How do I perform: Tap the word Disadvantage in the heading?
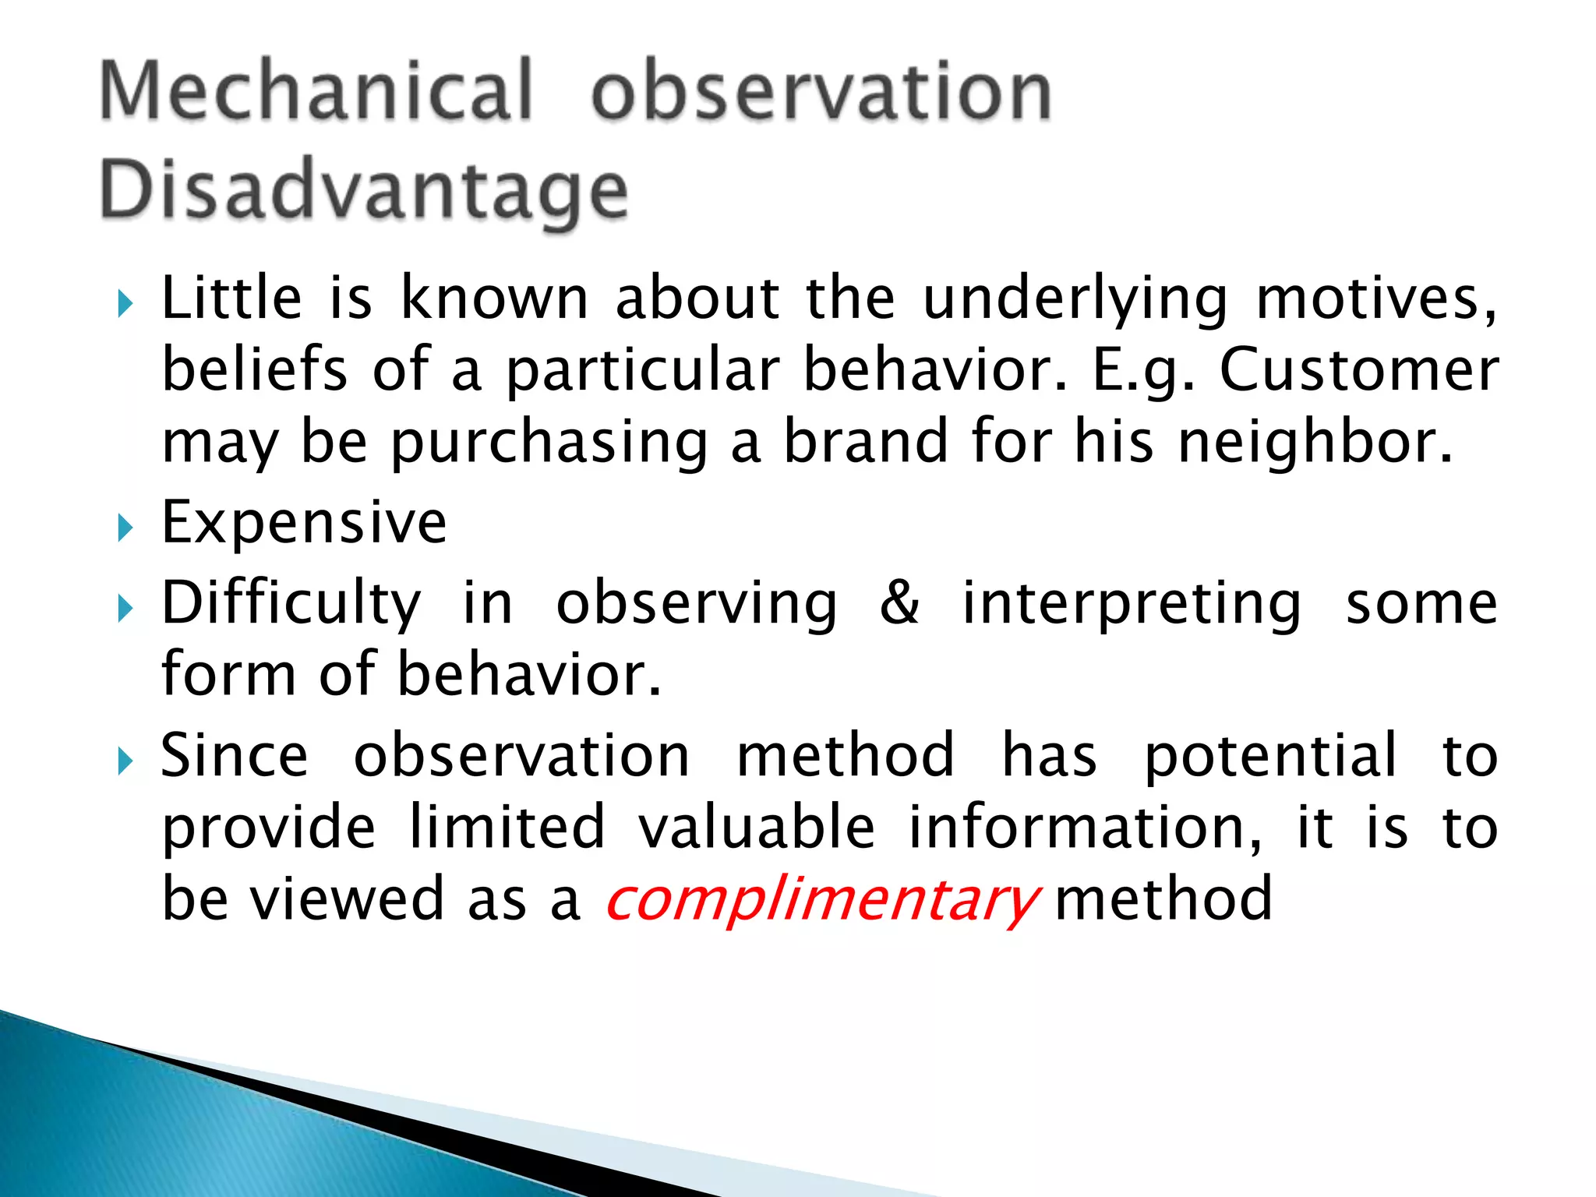[363, 191]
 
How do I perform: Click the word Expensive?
[304, 522]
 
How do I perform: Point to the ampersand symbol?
[899, 602]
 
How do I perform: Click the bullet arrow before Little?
[125, 303]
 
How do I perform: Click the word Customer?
[1358, 369]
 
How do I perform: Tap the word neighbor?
[1314, 441]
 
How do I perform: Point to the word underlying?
[1075, 300]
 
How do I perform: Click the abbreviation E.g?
[1142, 371]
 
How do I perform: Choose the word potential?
[1270, 756]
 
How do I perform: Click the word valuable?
[757, 827]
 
